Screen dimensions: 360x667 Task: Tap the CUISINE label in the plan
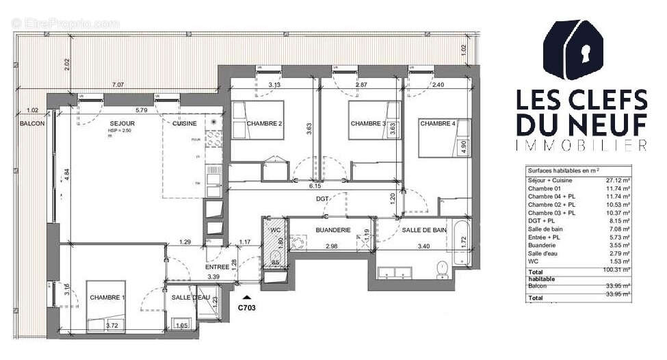(x=185, y=123)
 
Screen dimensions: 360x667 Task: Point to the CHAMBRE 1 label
(x=107, y=297)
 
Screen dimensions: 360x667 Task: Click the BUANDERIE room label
(x=333, y=231)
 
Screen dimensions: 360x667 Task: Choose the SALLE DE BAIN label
(x=424, y=231)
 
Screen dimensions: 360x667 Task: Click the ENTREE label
(x=218, y=267)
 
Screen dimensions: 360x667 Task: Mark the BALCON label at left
(x=32, y=123)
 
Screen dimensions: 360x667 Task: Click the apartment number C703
(x=247, y=308)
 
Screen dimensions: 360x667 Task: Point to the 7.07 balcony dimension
(x=118, y=85)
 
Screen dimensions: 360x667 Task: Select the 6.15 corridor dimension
(x=315, y=185)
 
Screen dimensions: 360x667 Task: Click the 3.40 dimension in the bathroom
(x=422, y=246)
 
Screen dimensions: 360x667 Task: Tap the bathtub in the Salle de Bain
(x=463, y=243)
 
